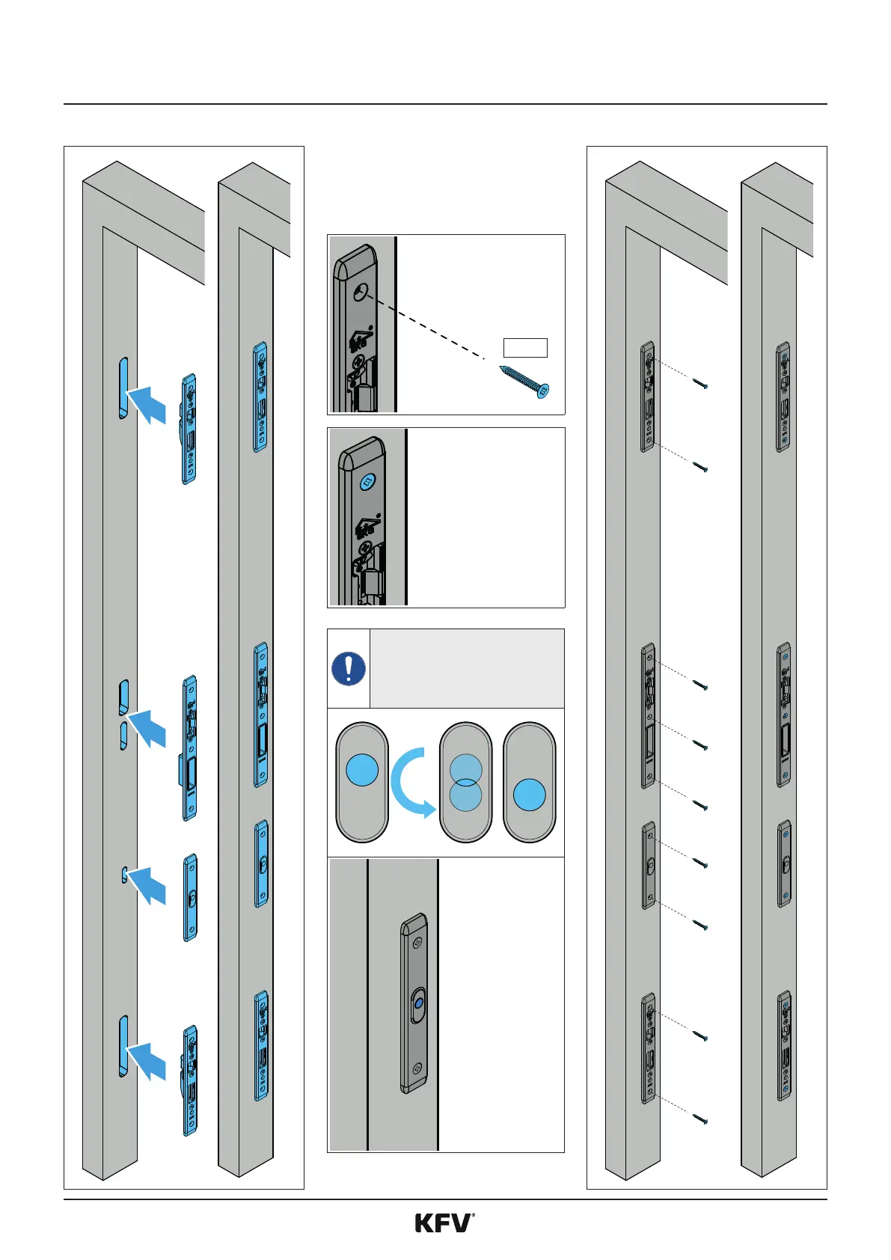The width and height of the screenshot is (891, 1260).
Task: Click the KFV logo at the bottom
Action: point(444,1223)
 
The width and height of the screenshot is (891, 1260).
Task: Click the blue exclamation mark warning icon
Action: point(348,668)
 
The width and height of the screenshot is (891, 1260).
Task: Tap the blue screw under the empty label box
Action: point(525,381)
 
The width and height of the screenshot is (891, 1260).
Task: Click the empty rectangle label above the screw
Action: point(525,348)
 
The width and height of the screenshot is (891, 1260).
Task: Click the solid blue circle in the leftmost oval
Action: point(363,770)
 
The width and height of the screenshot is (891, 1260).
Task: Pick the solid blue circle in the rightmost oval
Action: point(530,795)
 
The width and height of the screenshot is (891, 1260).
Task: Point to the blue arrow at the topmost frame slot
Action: point(148,404)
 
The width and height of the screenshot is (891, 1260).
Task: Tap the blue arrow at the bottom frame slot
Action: point(148,1061)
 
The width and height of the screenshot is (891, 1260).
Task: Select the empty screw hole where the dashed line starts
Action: point(362,293)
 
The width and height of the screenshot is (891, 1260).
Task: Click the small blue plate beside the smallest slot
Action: point(191,897)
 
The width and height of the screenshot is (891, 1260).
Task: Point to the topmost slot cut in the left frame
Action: point(123,388)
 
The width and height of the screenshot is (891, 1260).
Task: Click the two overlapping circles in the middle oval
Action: point(466,783)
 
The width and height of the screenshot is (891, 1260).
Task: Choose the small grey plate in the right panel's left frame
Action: point(649,866)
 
